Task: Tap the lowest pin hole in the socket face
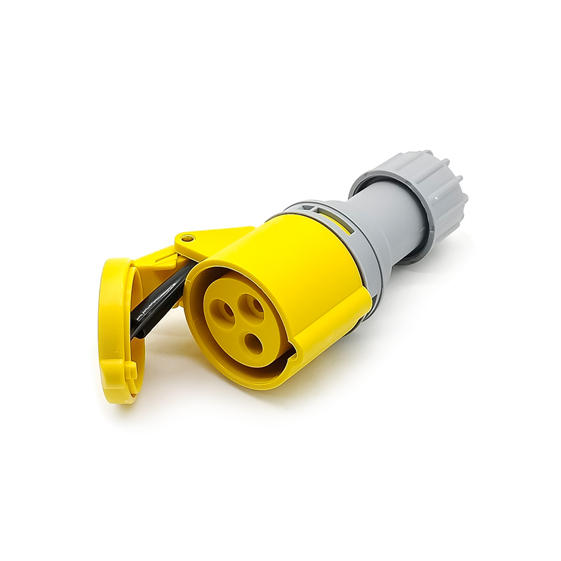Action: coord(252,342)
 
